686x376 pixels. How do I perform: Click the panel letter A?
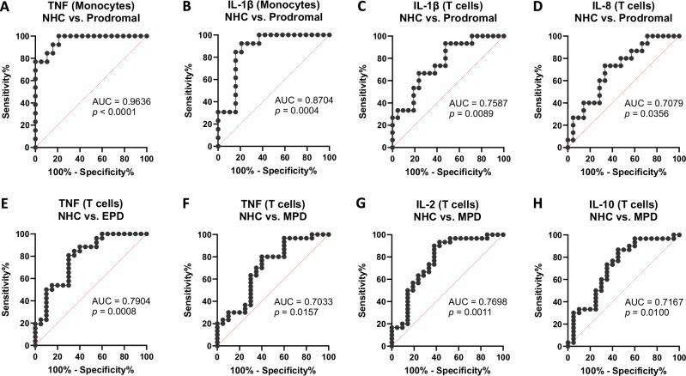pyautogui.click(x=5, y=6)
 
